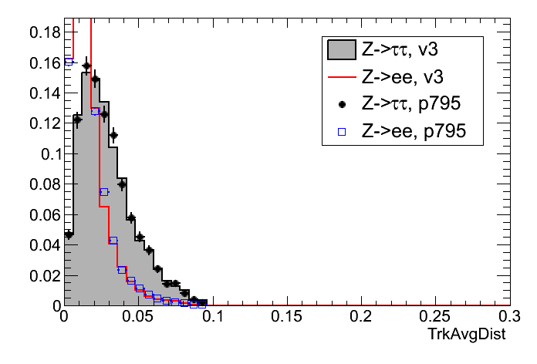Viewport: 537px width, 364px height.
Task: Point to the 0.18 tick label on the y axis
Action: [x=44, y=32]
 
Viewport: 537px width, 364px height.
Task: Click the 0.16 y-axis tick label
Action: [x=44, y=62]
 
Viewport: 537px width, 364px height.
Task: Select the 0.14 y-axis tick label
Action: [x=44, y=93]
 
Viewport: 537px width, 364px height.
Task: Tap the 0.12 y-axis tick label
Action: [x=44, y=123]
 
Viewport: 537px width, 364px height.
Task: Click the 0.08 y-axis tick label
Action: [x=44, y=184]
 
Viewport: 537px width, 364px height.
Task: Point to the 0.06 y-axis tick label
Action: [x=44, y=214]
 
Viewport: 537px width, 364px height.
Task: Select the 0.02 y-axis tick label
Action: [x=44, y=275]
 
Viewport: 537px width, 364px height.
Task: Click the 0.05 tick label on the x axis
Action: [x=137, y=318]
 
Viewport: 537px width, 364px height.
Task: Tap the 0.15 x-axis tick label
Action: [x=286, y=318]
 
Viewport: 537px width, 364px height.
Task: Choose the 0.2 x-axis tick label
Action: [x=360, y=318]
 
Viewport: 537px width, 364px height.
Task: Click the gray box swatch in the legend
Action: [x=341, y=50]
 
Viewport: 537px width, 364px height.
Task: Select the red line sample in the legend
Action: [x=341, y=77]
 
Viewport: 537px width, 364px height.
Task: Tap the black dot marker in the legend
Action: [x=341, y=104]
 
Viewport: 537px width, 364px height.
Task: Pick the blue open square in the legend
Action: [x=341, y=131]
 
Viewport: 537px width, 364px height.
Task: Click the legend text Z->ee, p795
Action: [x=421, y=131]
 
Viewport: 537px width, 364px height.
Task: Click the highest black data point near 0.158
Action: [x=86, y=66]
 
